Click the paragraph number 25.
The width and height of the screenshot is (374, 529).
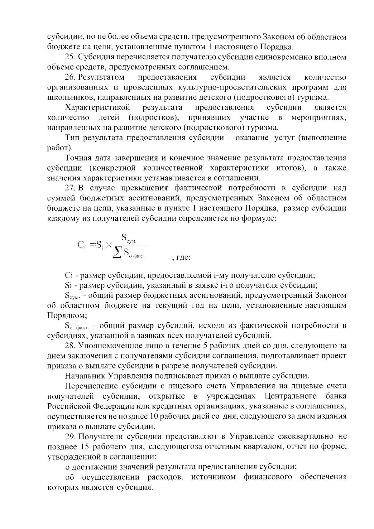pyautogui.click(x=70, y=57)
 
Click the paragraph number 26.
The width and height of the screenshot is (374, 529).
pyautogui.click(x=70, y=78)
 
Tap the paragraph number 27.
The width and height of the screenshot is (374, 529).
pyautogui.click(x=70, y=188)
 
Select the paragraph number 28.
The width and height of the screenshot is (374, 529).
pyautogui.click(x=70, y=346)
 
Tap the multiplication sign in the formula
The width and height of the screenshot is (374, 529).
pyautogui.click(x=108, y=245)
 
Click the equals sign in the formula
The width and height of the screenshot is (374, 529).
pyautogui.click(x=93, y=245)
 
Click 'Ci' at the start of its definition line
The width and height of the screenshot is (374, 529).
pyautogui.click(x=69, y=276)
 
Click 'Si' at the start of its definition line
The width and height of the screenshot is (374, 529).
pyautogui.click(x=68, y=285)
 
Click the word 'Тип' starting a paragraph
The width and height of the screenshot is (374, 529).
pyautogui.click(x=72, y=138)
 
